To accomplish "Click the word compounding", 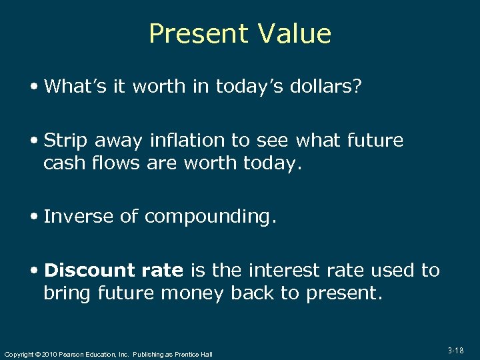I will (x=209, y=217).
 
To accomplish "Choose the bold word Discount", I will (x=89, y=270).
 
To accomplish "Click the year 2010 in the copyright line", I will (x=48, y=354).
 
